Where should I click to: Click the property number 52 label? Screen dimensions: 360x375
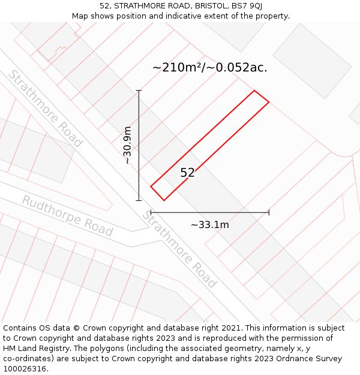tap(187, 173)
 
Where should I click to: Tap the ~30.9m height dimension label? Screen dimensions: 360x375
tap(127, 145)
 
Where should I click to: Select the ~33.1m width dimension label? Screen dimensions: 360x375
tap(209, 225)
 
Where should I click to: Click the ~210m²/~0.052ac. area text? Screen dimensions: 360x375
tap(209, 68)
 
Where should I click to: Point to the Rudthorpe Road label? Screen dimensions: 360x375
tap(67, 215)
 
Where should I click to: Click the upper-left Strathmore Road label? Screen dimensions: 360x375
tap(45, 109)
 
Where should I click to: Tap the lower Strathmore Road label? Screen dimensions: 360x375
tap(179, 249)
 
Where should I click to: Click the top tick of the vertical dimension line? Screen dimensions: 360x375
tap(139, 91)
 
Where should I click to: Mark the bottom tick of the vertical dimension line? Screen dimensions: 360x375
tap(139, 200)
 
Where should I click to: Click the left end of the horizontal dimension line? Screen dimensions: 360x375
tap(151, 212)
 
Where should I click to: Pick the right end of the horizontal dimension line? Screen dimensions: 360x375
tap(269, 212)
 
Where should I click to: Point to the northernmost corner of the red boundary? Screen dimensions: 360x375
tap(254, 91)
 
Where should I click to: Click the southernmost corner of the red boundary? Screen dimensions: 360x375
tap(164, 200)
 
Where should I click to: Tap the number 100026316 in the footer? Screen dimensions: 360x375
tap(23, 368)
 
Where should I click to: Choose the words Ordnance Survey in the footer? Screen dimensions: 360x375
tap(310, 358)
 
